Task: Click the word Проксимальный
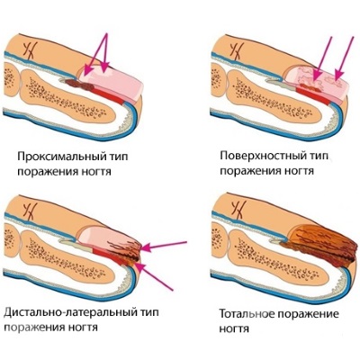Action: click(x=61, y=157)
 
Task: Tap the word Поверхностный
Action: click(x=263, y=156)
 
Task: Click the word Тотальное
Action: click(x=247, y=314)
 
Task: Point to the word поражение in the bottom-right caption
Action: click(x=308, y=315)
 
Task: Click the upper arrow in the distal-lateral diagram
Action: click(x=165, y=245)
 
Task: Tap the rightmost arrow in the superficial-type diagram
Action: click(x=345, y=59)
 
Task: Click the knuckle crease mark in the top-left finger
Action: click(x=29, y=49)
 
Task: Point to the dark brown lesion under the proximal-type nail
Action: click(x=80, y=85)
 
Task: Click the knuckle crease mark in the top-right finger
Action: click(x=236, y=50)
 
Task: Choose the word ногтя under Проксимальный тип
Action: click(x=95, y=172)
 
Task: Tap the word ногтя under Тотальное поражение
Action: click(x=234, y=328)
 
